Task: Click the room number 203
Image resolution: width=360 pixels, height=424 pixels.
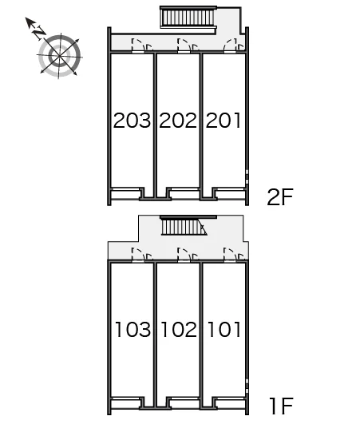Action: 132,121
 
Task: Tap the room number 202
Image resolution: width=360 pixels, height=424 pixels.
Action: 178,121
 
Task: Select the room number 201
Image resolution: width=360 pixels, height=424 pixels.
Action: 224,121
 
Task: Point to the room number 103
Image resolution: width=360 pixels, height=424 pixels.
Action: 133,329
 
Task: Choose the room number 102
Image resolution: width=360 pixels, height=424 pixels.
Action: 179,329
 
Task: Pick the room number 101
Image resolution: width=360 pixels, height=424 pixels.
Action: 224,329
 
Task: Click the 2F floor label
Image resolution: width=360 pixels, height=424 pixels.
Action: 280,197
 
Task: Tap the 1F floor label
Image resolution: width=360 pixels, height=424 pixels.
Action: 281,406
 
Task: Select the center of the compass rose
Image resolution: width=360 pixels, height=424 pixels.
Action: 59,56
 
